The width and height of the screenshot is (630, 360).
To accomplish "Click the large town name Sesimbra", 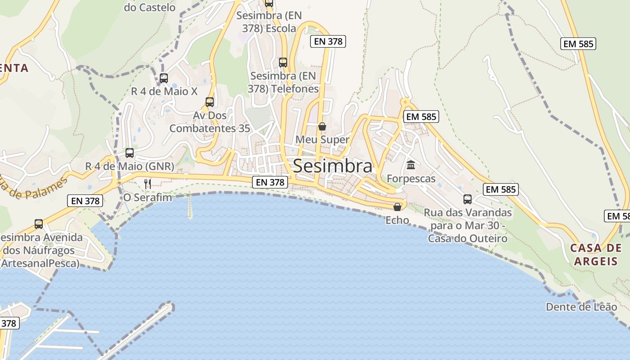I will pyautogui.click(x=333, y=166).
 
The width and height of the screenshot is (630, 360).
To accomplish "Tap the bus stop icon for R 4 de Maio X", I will pyautogui.click(x=164, y=78).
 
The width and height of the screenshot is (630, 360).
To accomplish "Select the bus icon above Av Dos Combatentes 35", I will pyautogui.click(x=210, y=102).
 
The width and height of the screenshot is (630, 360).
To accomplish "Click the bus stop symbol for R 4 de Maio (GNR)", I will pyautogui.click(x=130, y=153).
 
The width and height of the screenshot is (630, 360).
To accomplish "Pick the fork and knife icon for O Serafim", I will pyautogui.click(x=148, y=184).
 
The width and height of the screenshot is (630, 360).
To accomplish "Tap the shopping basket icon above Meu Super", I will pyautogui.click(x=322, y=126).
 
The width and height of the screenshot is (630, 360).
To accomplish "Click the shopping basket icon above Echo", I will pyautogui.click(x=397, y=207).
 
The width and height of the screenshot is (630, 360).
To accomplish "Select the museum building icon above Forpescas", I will pyautogui.click(x=411, y=165).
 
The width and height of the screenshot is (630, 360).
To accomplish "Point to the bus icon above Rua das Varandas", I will pyautogui.click(x=468, y=199).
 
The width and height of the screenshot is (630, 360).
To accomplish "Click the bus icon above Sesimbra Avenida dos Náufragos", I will pyautogui.click(x=39, y=224).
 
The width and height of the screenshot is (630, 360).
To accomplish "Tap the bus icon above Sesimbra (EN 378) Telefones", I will pyautogui.click(x=283, y=62).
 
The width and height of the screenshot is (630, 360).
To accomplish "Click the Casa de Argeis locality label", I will pyautogui.click(x=596, y=254).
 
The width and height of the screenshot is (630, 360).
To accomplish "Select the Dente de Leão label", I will pyautogui.click(x=581, y=307).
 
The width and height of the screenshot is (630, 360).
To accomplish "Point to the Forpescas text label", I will pyautogui.click(x=411, y=179).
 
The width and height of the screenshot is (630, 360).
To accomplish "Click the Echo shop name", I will pyautogui.click(x=397, y=220).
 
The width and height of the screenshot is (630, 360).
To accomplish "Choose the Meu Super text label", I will pyautogui.click(x=322, y=139).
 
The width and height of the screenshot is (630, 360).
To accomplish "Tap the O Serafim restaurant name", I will pyautogui.click(x=148, y=197).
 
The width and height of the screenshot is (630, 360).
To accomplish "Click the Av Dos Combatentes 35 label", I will pyautogui.click(x=210, y=121).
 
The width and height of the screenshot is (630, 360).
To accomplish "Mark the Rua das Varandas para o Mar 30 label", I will pyautogui.click(x=468, y=225).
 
